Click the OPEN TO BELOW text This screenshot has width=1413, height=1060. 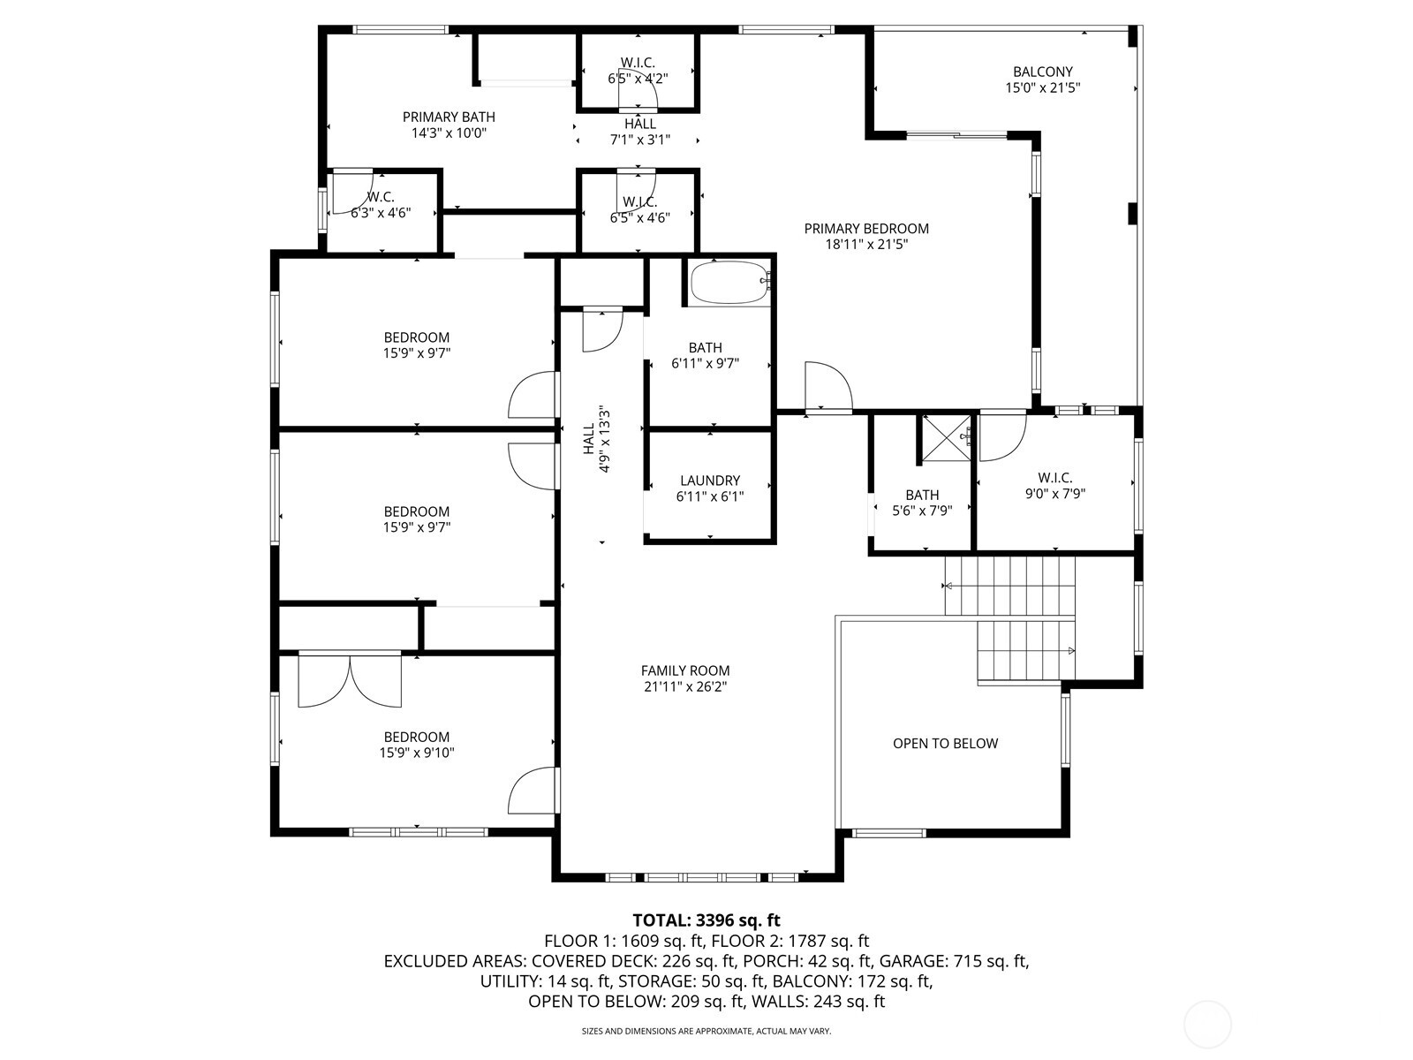click(x=945, y=744)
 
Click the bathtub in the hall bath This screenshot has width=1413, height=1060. click(x=730, y=282)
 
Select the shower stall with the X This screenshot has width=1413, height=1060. click(x=947, y=437)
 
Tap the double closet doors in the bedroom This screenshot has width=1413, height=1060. click(x=350, y=680)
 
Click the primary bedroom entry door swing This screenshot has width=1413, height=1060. click(x=828, y=386)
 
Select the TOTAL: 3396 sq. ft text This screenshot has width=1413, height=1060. click(x=706, y=920)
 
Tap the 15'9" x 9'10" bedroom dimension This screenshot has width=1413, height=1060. click(x=417, y=753)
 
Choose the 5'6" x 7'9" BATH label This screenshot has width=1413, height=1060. click(x=922, y=503)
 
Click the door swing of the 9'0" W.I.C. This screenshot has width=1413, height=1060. click(x=1003, y=436)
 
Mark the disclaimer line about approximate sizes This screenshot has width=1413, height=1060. click(x=706, y=1031)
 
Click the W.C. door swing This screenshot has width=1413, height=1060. click(x=351, y=192)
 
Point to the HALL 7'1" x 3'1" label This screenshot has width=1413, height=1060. click(x=640, y=132)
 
